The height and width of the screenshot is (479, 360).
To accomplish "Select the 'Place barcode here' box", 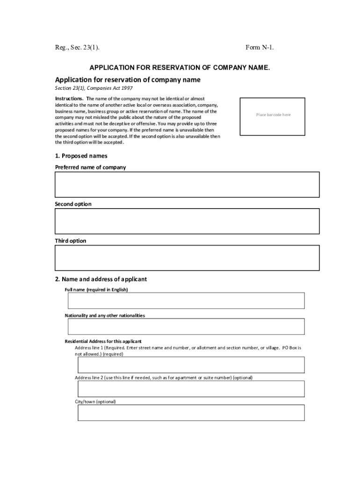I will click(273, 116).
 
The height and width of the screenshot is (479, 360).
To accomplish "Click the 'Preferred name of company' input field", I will click(187, 184).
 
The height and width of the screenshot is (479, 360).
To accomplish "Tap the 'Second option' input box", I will click(187, 221).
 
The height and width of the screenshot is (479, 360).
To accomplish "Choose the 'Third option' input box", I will click(187, 258).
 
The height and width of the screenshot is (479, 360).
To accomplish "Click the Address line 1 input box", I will click(191, 365).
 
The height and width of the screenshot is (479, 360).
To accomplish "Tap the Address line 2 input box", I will click(191, 389).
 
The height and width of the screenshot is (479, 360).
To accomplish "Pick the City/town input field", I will click(191, 413).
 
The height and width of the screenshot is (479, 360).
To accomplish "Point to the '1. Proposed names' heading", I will click(81, 156).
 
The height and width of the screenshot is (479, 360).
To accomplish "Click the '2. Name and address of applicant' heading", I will click(101, 279).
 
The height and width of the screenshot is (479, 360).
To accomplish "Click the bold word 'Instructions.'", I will click(70, 99).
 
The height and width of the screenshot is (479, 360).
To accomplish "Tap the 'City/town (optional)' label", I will click(95, 402).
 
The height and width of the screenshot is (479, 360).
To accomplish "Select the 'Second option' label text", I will click(73, 204).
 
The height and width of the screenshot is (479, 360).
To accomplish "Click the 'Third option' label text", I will click(71, 241).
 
